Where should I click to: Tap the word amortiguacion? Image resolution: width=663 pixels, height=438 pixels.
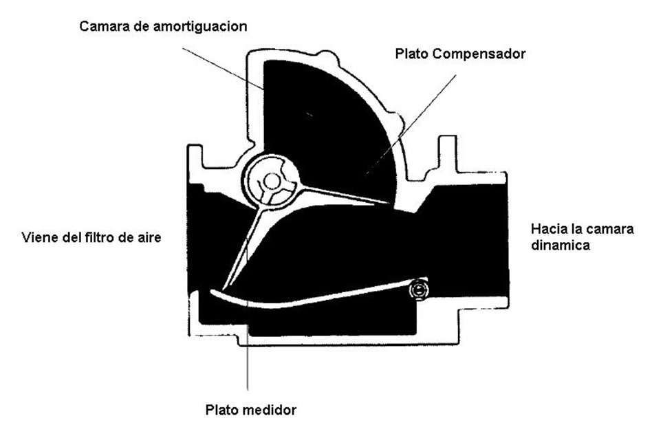click(x=200, y=26)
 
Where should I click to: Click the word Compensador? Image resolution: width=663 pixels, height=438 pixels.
click(x=479, y=54)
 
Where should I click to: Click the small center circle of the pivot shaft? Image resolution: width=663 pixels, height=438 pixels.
click(x=272, y=182)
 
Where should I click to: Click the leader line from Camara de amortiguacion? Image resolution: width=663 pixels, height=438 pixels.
click(x=224, y=69)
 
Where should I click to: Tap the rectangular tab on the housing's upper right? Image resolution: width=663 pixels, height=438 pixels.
click(x=448, y=154)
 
